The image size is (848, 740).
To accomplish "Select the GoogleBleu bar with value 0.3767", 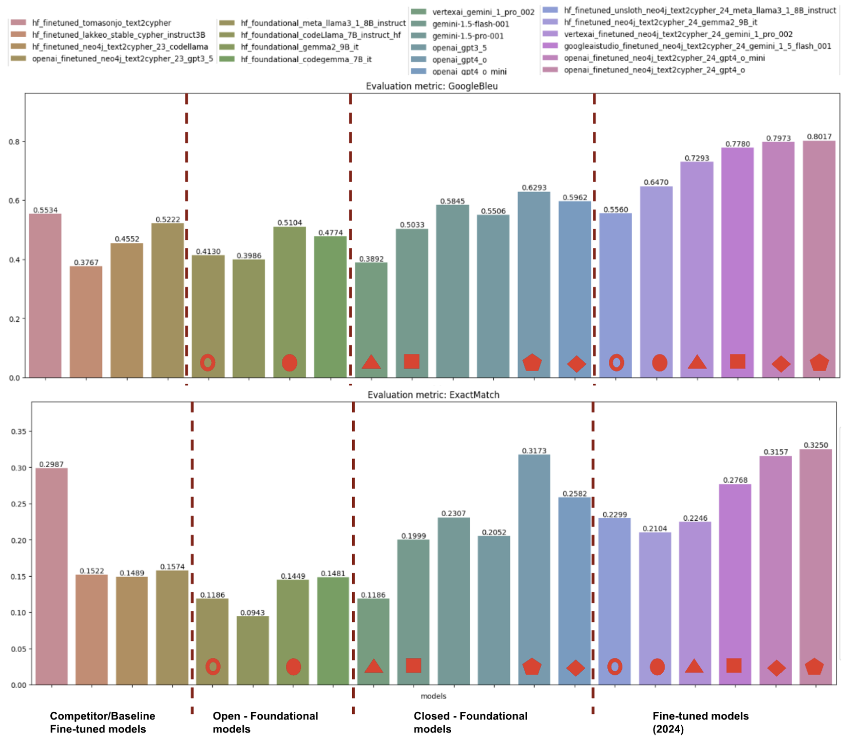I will pos(86,322).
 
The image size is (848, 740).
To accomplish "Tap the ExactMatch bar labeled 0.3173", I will pos(534,568).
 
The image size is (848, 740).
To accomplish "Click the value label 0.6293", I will pos(534,188).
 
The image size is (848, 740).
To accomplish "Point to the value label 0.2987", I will pos(51,464).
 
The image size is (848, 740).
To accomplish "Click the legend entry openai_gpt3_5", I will pos(459,48).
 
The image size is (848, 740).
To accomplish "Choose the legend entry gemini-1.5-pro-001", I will pos(468,36).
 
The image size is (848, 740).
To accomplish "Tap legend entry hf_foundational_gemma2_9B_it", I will pos(299,47).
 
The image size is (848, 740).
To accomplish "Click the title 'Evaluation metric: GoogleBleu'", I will pos(432,86).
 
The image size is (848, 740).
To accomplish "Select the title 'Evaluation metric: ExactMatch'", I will pos(433,395).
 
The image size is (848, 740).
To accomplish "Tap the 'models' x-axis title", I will pos(433,696).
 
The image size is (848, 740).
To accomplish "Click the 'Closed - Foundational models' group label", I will pos(470,722).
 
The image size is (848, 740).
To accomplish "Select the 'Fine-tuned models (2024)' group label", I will pos(700,722).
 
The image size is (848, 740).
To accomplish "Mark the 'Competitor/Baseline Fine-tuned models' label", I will pos(102,722).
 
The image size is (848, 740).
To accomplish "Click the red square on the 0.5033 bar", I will pos(411,361).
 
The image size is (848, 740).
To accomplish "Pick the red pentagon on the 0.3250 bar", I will pos(814,667).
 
